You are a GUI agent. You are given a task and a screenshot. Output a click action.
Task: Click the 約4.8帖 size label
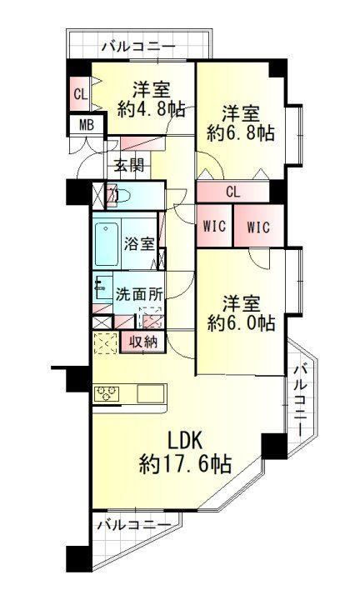[x=151, y=111]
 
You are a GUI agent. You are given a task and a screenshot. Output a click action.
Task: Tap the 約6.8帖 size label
[x=241, y=133]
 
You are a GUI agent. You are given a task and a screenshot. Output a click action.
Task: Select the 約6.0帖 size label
[x=241, y=323]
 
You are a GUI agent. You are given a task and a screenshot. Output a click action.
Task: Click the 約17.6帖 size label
[x=185, y=465]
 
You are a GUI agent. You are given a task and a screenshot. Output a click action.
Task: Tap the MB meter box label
[x=87, y=125]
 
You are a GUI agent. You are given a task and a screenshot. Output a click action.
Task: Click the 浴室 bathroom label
[x=139, y=243]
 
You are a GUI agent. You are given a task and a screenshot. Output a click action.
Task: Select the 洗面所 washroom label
[x=139, y=294]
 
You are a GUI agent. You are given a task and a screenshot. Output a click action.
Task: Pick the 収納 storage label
[x=142, y=342]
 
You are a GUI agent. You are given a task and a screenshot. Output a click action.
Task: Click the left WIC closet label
[x=214, y=226]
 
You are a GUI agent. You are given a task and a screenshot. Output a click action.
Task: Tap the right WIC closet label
[x=258, y=227]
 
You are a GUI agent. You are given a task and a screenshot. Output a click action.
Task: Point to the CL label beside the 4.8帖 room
[x=81, y=93]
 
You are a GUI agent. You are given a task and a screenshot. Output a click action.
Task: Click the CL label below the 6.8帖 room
[x=233, y=192]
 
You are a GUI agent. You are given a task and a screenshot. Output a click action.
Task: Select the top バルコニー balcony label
[x=139, y=47]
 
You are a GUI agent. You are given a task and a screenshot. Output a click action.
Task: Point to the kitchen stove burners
[x=106, y=393]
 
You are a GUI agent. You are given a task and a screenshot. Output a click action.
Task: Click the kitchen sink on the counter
[x=151, y=393]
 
